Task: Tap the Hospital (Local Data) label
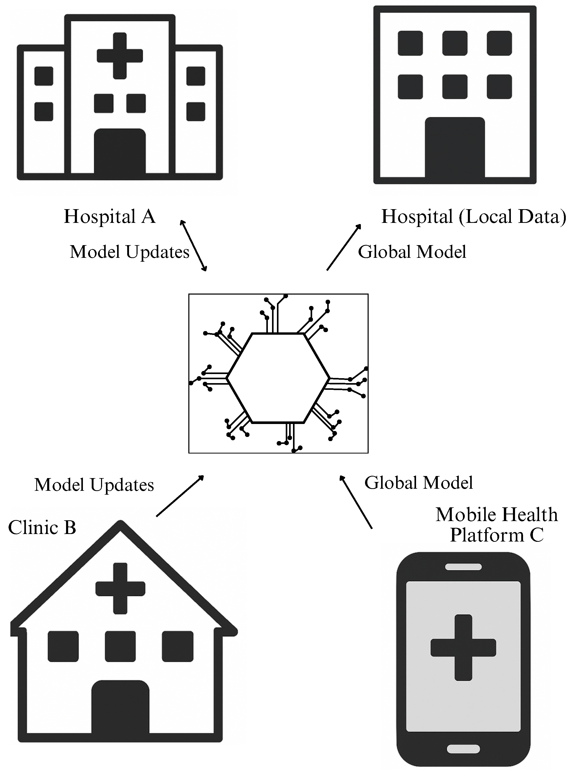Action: pos(473,217)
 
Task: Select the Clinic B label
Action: pos(42,528)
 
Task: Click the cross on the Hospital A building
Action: pos(120,56)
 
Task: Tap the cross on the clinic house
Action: pos(120,589)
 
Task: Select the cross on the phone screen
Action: pos(463,648)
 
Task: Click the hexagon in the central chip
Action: pos(278,378)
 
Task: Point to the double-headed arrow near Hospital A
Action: pos(193,246)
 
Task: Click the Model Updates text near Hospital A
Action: pos(130,252)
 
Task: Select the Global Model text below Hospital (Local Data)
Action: pos(412,252)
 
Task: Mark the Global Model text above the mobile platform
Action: pos(418,483)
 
